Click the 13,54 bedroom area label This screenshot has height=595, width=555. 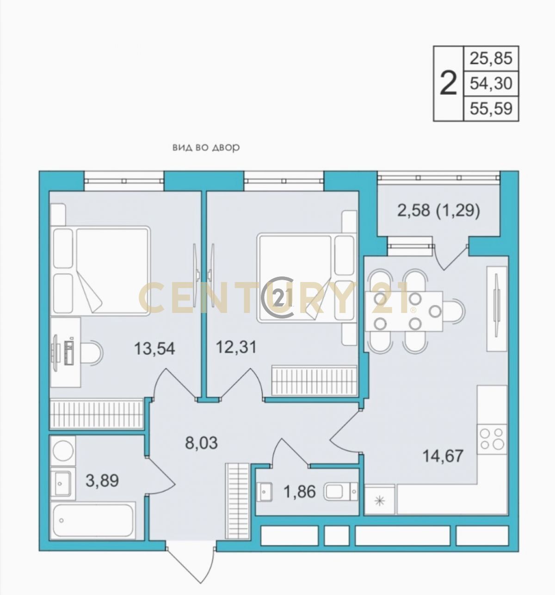coord(154,349)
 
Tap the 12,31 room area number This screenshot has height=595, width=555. coord(236,347)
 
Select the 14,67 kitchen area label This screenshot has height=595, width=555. coord(443,456)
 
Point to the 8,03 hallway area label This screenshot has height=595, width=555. coord(201,442)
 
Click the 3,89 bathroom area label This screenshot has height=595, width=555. coord(102,489)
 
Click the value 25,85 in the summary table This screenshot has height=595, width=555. coord(491,58)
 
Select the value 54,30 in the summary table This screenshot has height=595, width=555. coord(491,83)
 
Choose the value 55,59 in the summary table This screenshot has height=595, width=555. coord(491,109)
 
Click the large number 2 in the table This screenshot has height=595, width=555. coord(448,84)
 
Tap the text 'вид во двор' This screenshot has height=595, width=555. coord(206,147)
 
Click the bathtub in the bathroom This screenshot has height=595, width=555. coord(93,522)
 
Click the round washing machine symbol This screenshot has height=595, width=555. coord(63,450)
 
